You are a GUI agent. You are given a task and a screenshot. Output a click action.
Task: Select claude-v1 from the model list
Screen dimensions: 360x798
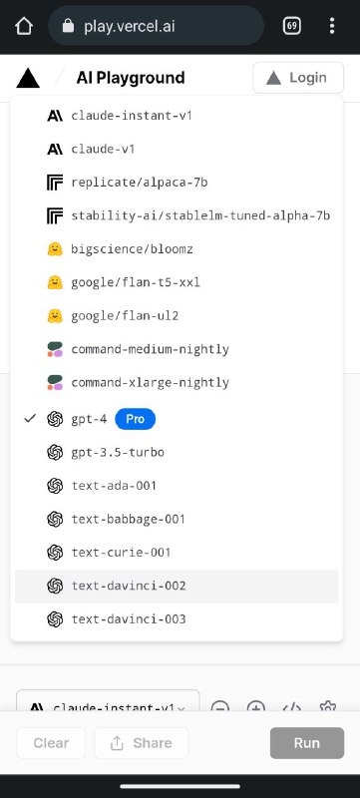click(x=103, y=149)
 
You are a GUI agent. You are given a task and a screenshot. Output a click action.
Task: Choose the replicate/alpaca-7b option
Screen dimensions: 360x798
click(x=140, y=183)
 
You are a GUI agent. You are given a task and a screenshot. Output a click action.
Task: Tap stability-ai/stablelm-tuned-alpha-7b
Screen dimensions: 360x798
click(x=200, y=215)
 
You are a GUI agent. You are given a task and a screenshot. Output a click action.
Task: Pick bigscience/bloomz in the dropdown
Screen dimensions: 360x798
click(x=132, y=249)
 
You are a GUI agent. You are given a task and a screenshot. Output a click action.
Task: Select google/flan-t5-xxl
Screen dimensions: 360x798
click(x=136, y=282)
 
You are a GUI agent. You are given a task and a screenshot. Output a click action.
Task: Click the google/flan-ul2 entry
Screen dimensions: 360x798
click(x=125, y=316)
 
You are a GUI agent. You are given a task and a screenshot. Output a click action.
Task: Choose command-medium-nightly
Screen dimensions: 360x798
click(x=150, y=350)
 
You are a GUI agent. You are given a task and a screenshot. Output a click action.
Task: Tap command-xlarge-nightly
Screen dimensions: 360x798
click(x=150, y=383)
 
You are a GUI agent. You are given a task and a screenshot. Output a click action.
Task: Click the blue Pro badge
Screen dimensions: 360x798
click(x=136, y=419)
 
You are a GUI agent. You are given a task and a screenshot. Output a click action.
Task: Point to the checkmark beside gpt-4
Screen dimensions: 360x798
click(x=31, y=418)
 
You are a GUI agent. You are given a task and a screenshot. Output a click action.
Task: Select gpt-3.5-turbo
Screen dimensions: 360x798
click(x=118, y=453)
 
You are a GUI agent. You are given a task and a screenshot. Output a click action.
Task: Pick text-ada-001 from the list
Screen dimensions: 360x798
click(x=114, y=486)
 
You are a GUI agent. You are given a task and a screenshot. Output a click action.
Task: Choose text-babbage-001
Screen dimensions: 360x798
click(x=128, y=519)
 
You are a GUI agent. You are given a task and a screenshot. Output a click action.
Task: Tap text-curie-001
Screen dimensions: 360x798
click(x=121, y=553)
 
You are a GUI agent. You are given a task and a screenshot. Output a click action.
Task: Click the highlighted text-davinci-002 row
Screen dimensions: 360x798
click(x=177, y=587)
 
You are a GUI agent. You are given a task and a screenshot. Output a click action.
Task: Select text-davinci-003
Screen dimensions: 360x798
click(x=129, y=619)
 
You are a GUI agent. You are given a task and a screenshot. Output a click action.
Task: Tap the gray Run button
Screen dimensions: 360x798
click(x=307, y=743)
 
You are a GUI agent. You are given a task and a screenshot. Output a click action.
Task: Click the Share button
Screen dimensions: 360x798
click(x=142, y=743)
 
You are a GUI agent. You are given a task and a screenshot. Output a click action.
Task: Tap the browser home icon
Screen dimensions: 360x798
click(x=24, y=27)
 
